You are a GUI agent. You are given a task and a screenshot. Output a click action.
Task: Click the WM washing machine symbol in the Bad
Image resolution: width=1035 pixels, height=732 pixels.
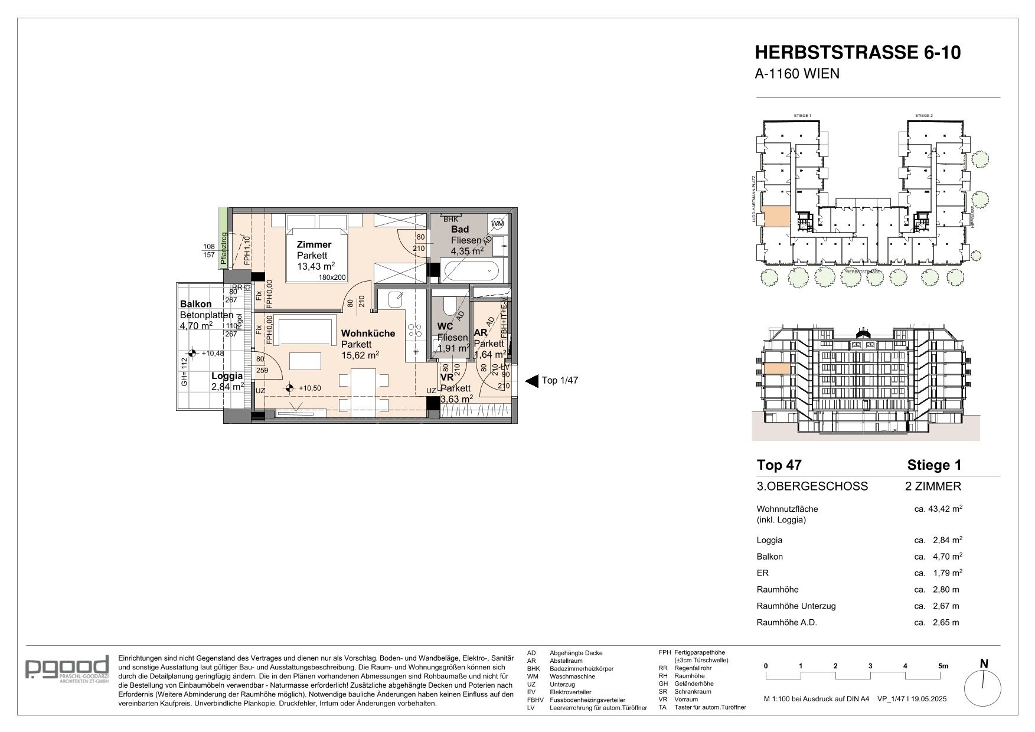(x=497, y=223)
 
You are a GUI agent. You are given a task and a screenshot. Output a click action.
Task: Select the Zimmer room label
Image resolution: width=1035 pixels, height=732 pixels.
(x=314, y=244)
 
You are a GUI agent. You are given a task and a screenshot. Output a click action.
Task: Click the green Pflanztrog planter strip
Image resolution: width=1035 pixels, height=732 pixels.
(x=223, y=239)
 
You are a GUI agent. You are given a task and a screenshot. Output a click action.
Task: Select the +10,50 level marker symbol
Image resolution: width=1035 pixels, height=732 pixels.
(x=289, y=388)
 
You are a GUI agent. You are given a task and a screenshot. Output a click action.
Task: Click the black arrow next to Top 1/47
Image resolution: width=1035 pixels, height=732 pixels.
(x=531, y=381)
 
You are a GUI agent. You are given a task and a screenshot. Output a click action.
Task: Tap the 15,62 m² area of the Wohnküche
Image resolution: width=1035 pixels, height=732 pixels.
(x=360, y=355)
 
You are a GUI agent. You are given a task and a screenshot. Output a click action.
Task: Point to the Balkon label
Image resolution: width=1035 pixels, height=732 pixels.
(x=195, y=304)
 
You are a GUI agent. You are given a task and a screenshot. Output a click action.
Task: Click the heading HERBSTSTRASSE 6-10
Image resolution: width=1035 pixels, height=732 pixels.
(x=858, y=53)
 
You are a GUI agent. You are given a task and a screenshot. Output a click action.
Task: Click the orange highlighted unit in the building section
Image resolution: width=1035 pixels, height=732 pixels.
(x=777, y=370)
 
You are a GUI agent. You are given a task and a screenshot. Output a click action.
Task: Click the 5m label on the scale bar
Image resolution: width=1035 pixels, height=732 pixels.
(x=943, y=666)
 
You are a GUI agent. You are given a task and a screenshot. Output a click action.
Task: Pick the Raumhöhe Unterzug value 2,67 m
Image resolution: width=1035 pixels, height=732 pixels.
(x=945, y=606)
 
